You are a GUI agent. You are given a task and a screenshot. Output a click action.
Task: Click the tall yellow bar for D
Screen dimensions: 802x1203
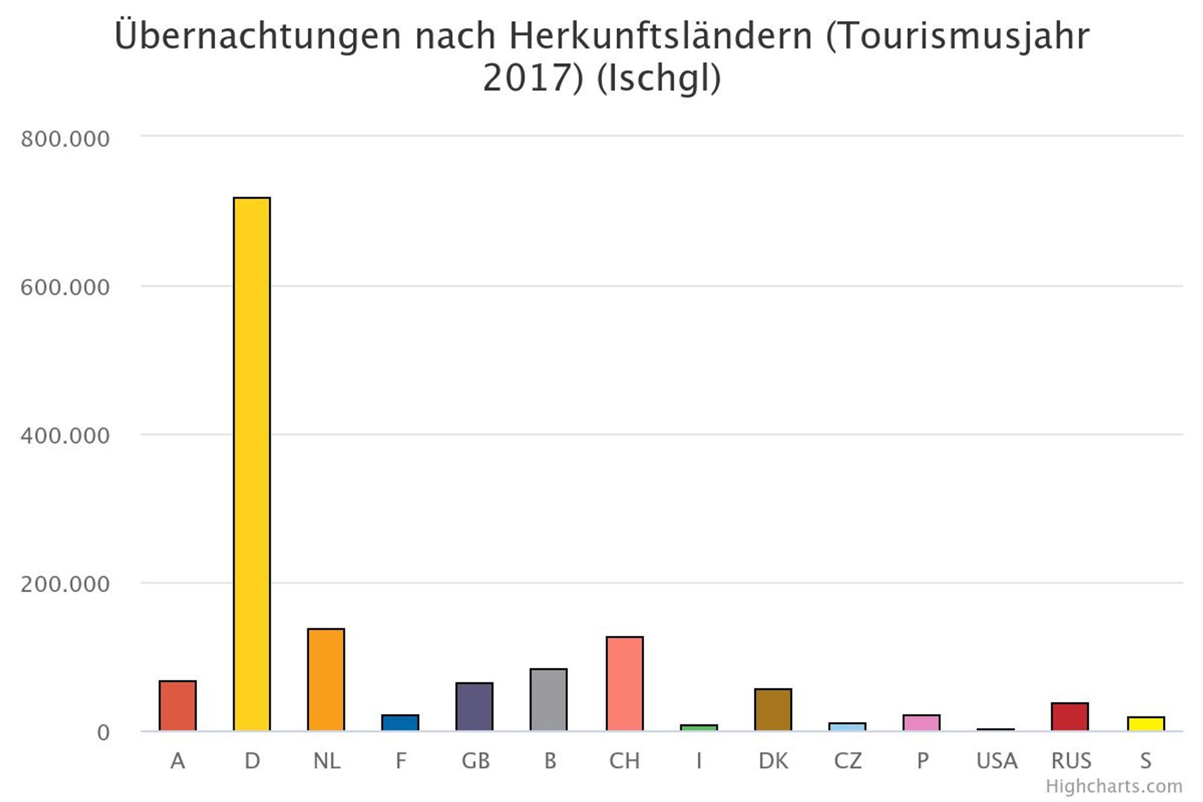point(252,463)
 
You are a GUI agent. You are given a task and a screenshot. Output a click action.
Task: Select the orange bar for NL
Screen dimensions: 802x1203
point(326,679)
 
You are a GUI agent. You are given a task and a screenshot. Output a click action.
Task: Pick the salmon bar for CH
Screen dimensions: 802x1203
point(624,683)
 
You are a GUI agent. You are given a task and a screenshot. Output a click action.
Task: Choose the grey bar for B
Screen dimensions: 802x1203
point(549,699)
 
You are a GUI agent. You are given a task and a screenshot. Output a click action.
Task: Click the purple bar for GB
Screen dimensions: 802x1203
point(475,706)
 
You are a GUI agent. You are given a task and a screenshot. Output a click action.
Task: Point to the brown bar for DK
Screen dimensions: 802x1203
point(773,709)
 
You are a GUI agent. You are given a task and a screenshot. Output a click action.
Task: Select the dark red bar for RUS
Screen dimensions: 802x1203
point(1070,717)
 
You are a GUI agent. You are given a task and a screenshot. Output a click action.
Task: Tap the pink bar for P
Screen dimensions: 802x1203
point(921,723)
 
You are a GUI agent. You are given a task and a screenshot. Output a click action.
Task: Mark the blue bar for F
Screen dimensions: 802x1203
point(400,723)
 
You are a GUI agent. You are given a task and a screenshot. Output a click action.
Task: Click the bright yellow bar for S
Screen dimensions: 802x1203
point(1146,724)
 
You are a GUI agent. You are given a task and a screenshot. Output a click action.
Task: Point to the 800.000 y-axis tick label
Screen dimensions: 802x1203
point(65,139)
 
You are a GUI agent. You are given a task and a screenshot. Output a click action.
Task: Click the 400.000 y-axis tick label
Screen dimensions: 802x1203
point(65,436)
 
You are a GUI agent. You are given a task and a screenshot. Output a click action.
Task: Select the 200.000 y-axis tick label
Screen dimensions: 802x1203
point(65,584)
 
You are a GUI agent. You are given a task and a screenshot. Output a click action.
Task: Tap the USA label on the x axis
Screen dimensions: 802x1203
point(997,761)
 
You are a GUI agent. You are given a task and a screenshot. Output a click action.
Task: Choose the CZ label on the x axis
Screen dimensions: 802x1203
point(848,761)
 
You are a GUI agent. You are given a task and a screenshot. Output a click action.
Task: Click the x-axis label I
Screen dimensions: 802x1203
point(699,761)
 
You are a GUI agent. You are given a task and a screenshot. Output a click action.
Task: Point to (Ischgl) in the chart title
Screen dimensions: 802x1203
point(659,78)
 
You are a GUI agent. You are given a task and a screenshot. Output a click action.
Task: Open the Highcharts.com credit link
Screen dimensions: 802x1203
point(1114,786)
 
